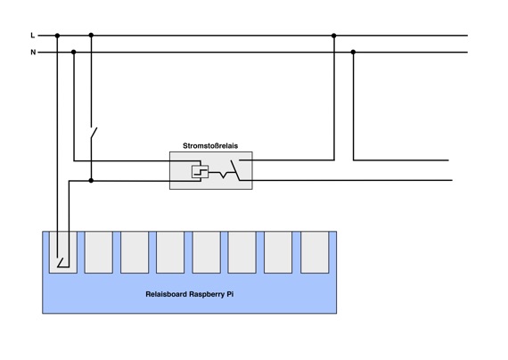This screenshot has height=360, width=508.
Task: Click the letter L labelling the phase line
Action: point(33,36)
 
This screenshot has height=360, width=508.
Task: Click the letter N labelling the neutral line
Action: point(33,53)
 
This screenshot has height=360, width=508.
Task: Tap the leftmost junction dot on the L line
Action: point(57,36)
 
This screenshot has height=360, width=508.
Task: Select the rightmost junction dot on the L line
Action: point(333,36)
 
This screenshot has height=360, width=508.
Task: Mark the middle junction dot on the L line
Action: point(91,35)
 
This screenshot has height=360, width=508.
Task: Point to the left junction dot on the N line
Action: point(74,52)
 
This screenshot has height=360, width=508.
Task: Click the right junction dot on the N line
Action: point(353,52)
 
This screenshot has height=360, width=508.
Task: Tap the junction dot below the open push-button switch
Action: point(91,180)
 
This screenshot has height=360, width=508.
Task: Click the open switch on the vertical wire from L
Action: point(94,133)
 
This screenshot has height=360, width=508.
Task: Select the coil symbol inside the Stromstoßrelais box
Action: point(200,171)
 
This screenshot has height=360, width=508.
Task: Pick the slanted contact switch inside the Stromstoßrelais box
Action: point(235,170)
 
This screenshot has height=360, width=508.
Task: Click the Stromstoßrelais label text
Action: point(210,146)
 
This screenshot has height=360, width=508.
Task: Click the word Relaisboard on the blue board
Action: point(166,294)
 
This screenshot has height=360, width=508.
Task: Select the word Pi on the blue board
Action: point(230,294)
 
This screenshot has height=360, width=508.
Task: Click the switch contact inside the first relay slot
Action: point(61,263)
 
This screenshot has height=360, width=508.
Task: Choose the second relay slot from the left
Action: point(99,252)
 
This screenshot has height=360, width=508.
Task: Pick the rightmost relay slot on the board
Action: point(315,252)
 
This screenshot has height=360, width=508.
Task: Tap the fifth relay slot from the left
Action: point(207,252)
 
